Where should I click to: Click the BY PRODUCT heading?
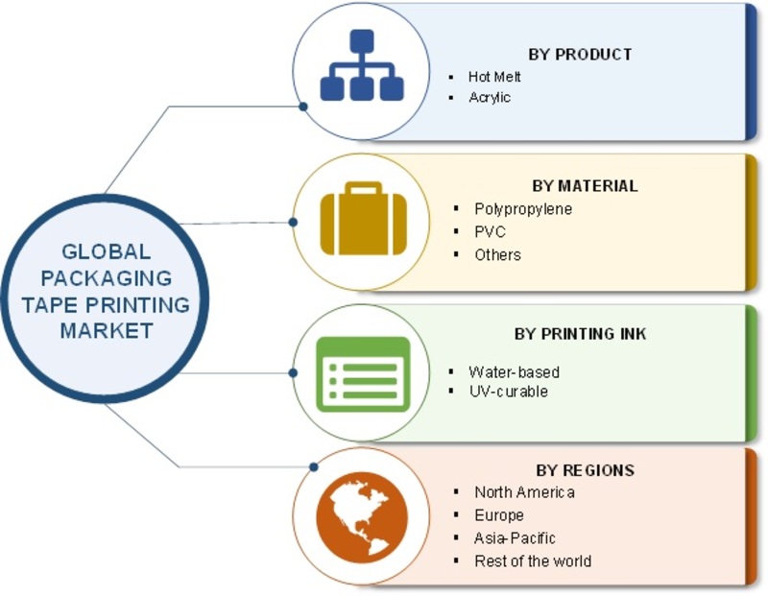pos(580,55)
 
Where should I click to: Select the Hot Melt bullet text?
pos(494,77)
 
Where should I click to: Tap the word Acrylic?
pos(490,98)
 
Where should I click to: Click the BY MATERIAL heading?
pos(585,186)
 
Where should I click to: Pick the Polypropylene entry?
pos(523,209)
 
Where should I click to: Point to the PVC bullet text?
pos(490,231)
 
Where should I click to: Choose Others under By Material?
pos(497,254)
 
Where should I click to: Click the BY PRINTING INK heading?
pos(580,334)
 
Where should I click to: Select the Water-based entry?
pos(514,372)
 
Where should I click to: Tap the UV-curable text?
pos(509,392)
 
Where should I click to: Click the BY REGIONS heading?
pos(585,470)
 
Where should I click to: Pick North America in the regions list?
pos(524,492)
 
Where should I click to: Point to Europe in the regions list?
pos(499,515)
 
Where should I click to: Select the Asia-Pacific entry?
pos(515,538)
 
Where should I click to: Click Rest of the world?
pos(533,560)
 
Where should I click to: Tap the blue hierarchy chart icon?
pos(362,65)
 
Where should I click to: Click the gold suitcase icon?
pos(364,219)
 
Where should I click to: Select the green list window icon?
pos(363,374)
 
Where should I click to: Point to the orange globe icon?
pos(362,517)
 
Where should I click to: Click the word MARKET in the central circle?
pos(107,330)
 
